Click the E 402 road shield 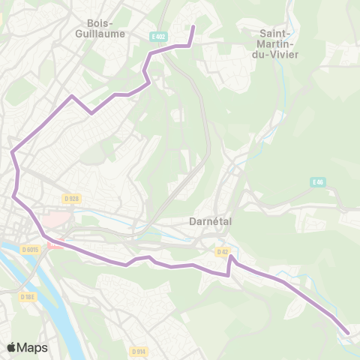tap(157, 36)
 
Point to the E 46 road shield tap(318, 182)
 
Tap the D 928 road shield tap(71, 199)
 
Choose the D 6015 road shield tap(30, 249)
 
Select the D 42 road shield tap(222, 252)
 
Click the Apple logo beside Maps tap(11, 347)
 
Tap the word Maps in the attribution tap(32, 347)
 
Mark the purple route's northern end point tap(193, 28)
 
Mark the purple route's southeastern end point tap(348, 332)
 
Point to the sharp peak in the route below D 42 tap(232, 258)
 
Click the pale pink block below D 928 tap(54, 219)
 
